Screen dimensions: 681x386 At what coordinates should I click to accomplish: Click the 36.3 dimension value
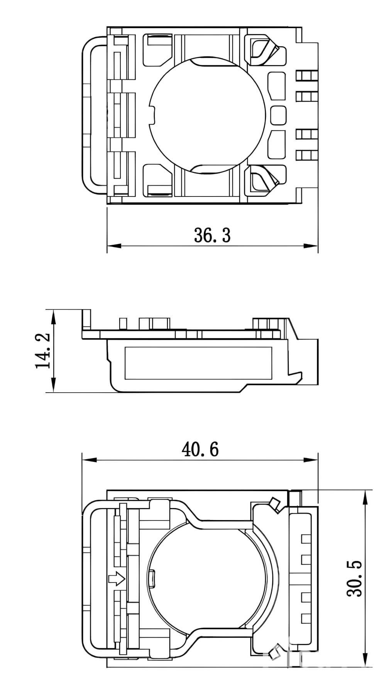(212, 235)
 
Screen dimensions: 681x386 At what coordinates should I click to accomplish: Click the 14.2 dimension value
(43, 351)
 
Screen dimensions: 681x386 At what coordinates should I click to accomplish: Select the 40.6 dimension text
(200, 449)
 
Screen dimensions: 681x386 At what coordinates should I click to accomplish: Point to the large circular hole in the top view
(208, 114)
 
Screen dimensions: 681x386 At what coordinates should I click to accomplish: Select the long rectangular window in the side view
(198, 362)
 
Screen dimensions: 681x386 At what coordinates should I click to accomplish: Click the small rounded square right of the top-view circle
(278, 115)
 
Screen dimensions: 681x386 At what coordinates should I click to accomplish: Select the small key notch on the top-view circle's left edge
(152, 115)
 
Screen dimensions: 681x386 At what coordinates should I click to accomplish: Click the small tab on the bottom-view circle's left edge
(152, 578)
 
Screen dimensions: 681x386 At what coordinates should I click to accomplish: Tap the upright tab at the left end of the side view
(86, 318)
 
